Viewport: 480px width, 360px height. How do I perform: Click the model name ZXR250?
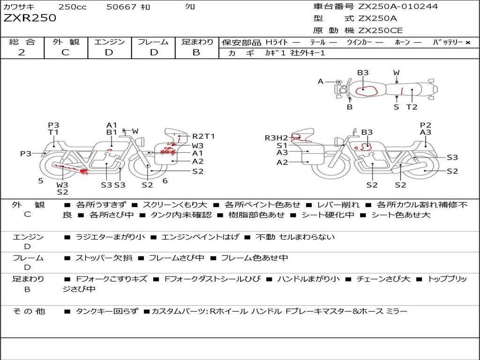(x=30, y=18)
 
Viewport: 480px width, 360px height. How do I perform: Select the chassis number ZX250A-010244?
(x=398, y=6)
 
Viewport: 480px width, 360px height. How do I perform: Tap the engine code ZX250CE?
(x=380, y=30)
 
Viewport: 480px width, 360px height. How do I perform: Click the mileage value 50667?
(x=121, y=7)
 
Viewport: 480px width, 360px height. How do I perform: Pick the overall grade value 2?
(x=22, y=52)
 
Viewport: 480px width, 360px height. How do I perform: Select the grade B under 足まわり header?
(x=196, y=52)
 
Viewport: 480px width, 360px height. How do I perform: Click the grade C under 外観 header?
(x=66, y=52)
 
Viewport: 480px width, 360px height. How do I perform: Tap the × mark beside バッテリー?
(x=468, y=43)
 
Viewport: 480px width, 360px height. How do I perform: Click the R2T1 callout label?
(x=203, y=136)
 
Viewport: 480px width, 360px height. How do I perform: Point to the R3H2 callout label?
(x=277, y=138)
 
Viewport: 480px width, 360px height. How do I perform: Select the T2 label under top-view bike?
(x=412, y=107)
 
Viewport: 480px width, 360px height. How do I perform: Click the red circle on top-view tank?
(x=367, y=91)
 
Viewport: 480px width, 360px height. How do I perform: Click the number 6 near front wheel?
(x=165, y=181)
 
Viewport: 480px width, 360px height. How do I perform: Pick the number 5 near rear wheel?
(x=41, y=181)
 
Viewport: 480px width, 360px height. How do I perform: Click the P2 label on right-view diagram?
(x=426, y=125)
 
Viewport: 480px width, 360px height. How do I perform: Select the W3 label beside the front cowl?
(x=197, y=146)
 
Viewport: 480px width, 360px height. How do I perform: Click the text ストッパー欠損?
(x=104, y=258)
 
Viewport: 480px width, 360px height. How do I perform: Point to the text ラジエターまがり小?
(x=110, y=237)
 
